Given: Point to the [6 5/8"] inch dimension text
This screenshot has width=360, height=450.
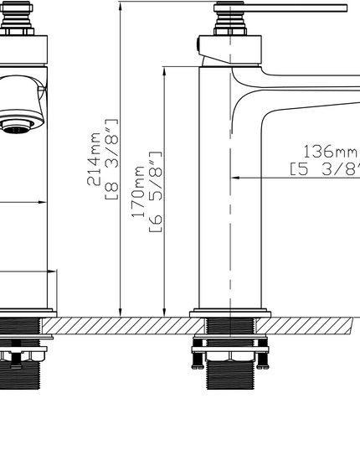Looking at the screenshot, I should [155, 192].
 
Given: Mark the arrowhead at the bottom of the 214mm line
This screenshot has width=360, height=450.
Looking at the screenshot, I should [121, 312].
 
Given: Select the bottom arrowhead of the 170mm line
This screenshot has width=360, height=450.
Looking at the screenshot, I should [164, 312].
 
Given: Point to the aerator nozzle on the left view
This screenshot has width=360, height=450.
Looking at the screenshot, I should [18, 127].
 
